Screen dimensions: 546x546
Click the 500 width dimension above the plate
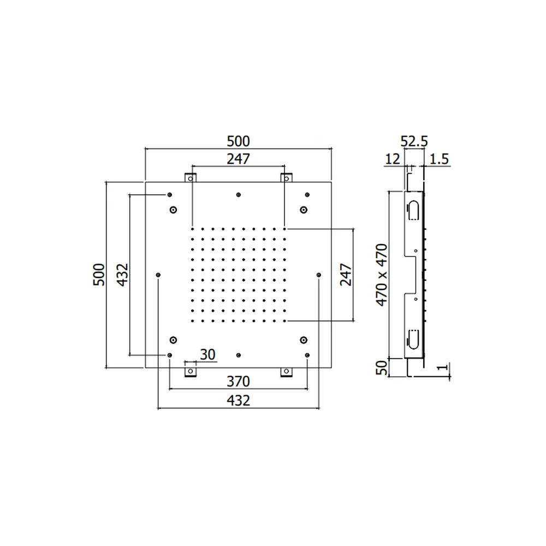click(x=238, y=141)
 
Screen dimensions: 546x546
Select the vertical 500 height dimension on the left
click(x=99, y=275)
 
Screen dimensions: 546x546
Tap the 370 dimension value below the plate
click(x=238, y=382)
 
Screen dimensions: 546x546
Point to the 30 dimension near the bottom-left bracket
click(x=207, y=354)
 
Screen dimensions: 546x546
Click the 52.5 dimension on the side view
click(x=414, y=141)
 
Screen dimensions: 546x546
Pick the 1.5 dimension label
click(x=439, y=159)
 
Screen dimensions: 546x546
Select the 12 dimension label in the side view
click(x=393, y=159)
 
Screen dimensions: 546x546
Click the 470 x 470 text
click(x=382, y=275)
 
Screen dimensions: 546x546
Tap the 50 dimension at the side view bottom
click(x=382, y=367)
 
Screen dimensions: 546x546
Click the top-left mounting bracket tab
click(x=191, y=178)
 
